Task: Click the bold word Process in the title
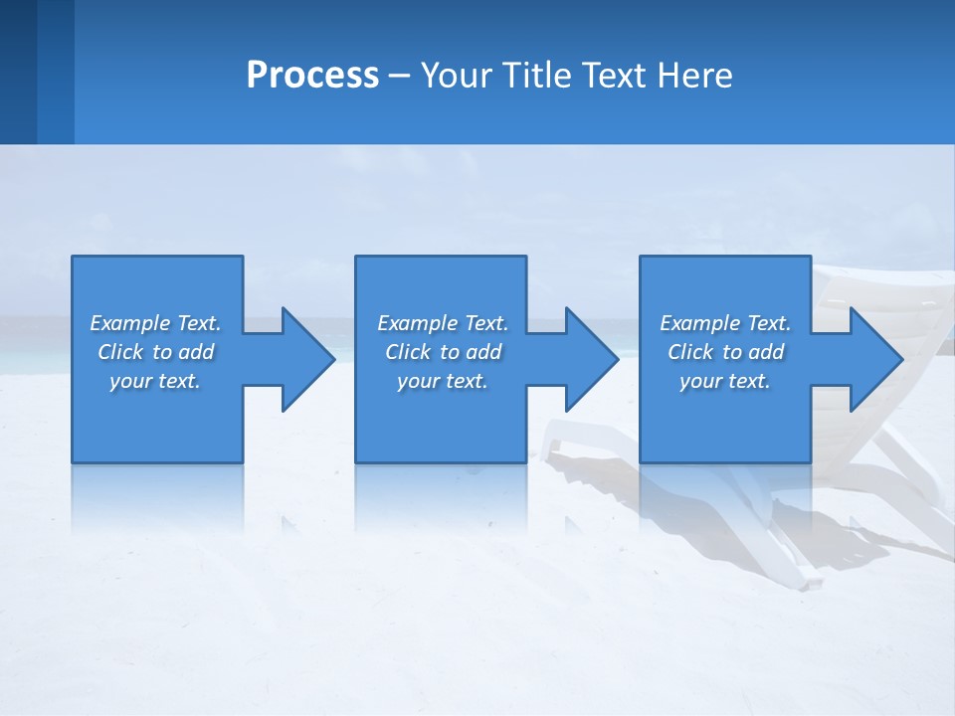coord(312,76)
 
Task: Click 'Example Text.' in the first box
coord(155,323)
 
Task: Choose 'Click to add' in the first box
coord(155,352)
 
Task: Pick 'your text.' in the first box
coord(155,381)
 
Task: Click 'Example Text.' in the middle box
coord(443,323)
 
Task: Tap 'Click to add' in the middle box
coord(443,352)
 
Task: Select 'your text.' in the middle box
coord(443,381)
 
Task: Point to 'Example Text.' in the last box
coord(725,323)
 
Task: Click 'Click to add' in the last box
coord(725,352)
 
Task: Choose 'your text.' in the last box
coord(725,381)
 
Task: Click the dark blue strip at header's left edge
coord(18,72)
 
